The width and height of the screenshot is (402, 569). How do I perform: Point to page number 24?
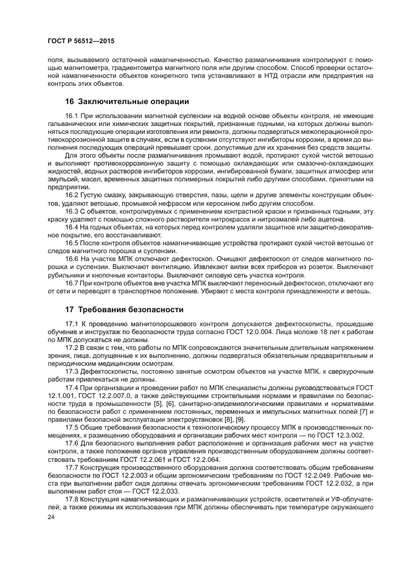51,517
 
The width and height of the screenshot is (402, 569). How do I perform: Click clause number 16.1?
72,116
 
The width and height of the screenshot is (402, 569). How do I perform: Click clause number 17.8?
72,500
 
